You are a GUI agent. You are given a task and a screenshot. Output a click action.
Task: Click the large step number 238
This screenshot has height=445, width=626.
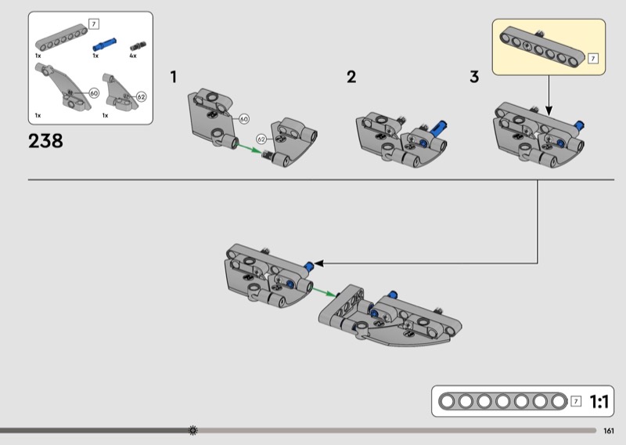[x=45, y=141]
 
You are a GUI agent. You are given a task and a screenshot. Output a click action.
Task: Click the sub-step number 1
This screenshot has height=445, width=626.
[x=173, y=77]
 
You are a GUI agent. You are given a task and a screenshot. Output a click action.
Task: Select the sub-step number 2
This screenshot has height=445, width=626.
[x=351, y=77]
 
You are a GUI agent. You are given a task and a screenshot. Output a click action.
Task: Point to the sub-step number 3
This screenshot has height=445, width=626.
[x=474, y=77]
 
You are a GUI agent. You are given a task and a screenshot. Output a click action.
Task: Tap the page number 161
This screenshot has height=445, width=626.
[x=609, y=431]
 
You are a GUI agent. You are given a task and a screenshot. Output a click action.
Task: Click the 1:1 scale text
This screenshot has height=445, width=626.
[x=599, y=401]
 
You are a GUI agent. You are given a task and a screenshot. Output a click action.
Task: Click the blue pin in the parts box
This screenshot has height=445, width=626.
[x=105, y=45]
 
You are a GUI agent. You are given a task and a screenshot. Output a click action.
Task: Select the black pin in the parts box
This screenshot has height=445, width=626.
[x=138, y=46]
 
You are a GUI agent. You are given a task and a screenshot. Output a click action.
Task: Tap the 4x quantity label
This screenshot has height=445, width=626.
[x=133, y=56]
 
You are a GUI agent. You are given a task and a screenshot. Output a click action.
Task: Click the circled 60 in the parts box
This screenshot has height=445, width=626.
[x=94, y=93]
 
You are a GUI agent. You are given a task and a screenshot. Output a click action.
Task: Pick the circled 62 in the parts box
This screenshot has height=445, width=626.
[x=142, y=97]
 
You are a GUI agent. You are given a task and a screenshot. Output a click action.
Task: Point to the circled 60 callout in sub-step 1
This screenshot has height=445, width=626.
[x=244, y=119]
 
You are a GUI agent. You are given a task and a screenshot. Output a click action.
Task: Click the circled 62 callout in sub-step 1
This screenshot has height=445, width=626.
[x=261, y=139]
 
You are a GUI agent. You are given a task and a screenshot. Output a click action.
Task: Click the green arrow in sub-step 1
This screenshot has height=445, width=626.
[x=250, y=148]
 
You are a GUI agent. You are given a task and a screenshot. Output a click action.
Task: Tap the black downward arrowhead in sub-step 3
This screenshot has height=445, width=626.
[x=549, y=110]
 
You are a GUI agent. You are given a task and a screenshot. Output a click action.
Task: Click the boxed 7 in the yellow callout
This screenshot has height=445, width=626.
[x=593, y=59]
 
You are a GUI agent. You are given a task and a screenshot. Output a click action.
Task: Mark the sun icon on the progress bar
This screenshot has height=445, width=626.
[x=192, y=430]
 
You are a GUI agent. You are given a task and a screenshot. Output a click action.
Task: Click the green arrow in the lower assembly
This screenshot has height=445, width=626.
[x=324, y=292]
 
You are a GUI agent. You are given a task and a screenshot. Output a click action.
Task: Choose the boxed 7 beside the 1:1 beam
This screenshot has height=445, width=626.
[x=576, y=401]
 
